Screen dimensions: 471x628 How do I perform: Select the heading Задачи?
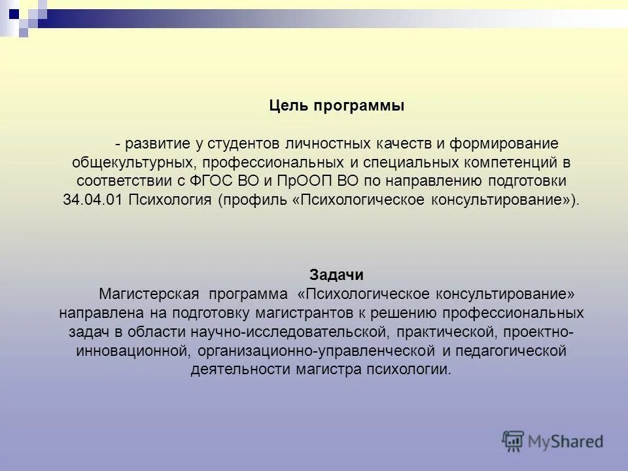click(336, 275)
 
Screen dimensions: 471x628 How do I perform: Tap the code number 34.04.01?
click(93, 200)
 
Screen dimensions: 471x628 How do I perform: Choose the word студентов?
click(240, 143)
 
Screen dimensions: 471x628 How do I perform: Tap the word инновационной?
click(131, 351)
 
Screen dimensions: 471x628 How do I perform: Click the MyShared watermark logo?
click(552, 441)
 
